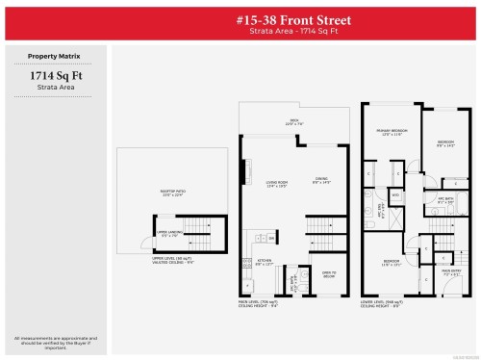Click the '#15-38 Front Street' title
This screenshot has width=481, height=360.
293,20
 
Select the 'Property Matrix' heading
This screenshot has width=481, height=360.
54,57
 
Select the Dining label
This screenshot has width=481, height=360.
320,180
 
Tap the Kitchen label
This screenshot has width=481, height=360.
264,261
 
